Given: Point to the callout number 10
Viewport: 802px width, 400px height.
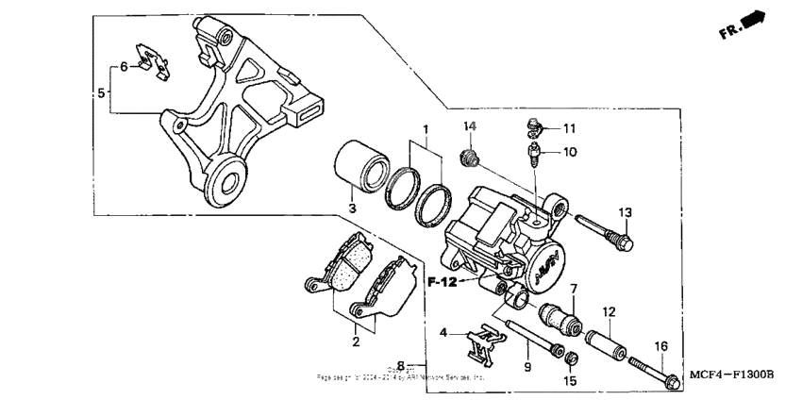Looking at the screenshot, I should pyautogui.click(x=570, y=151).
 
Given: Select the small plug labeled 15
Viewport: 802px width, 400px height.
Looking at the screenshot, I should pyautogui.click(x=570, y=358).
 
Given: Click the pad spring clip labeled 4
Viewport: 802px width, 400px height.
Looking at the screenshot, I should pyautogui.click(x=483, y=344).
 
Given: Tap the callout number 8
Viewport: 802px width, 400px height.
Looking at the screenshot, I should pyautogui.click(x=401, y=365).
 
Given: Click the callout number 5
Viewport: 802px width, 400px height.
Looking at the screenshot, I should pyautogui.click(x=102, y=92).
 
